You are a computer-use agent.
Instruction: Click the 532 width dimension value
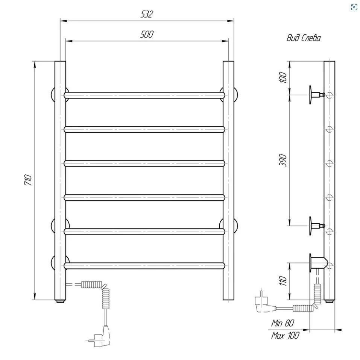[147, 14]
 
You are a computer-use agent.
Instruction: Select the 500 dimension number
[147, 34]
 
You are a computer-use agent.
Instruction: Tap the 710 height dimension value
[28, 180]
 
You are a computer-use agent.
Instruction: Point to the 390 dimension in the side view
[283, 160]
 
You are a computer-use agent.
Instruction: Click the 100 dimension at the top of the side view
[283, 77]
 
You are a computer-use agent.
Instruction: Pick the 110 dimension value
[283, 281]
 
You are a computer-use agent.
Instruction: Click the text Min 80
[283, 323]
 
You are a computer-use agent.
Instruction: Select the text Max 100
[285, 336]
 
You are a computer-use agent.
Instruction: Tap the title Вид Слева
[304, 38]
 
